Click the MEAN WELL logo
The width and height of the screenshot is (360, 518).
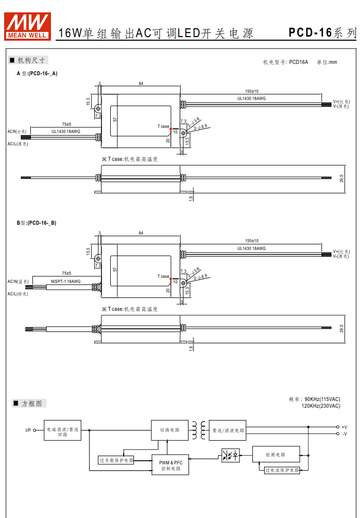27,26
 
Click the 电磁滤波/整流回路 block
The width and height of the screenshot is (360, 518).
62,430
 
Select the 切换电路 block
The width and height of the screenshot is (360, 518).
169,430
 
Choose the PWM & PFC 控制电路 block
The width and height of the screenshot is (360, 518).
170,466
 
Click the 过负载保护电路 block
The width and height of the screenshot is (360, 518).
116,460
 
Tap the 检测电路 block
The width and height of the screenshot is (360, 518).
276,455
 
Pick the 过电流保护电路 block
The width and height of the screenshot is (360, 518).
282,470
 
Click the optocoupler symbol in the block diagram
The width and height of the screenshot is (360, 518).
230,455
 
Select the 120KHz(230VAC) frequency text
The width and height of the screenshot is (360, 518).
320,406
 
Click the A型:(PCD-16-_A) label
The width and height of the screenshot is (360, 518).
37,73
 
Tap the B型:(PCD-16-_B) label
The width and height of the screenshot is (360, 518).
36,223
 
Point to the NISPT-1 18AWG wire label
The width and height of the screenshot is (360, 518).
65,281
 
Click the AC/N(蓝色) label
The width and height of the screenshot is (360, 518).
17,281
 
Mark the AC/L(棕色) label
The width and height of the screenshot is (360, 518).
17,294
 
